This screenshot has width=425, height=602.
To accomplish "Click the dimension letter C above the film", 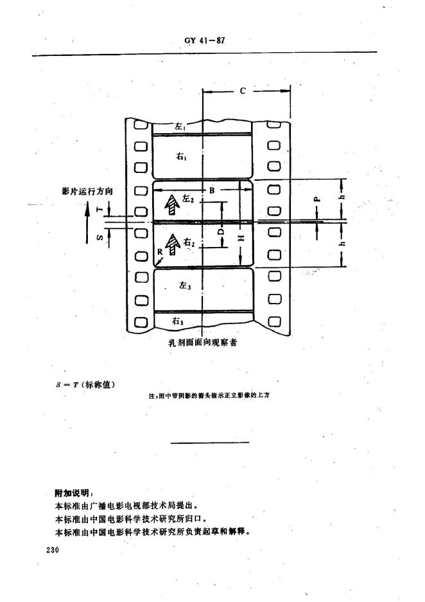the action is [x=243, y=91].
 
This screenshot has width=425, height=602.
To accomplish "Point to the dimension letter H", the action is [x=240, y=238].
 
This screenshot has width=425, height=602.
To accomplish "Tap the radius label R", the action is [x=160, y=251].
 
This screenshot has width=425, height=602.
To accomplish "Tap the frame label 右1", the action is [x=180, y=156].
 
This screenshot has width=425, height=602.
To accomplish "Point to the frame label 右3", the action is [x=178, y=320].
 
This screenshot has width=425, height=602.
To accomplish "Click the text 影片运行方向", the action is [x=88, y=191].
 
